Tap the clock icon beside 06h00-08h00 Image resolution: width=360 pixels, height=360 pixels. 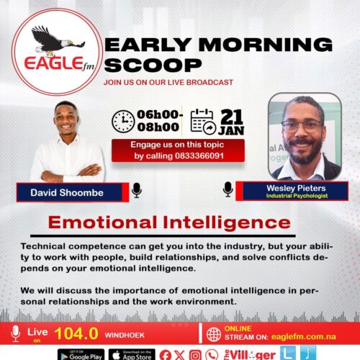(123, 121)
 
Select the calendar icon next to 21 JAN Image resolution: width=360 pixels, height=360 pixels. (204, 121)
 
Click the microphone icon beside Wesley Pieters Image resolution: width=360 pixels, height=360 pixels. (228, 189)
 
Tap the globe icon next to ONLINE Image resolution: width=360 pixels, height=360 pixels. (214, 335)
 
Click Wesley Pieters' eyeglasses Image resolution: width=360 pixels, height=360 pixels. (302, 126)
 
